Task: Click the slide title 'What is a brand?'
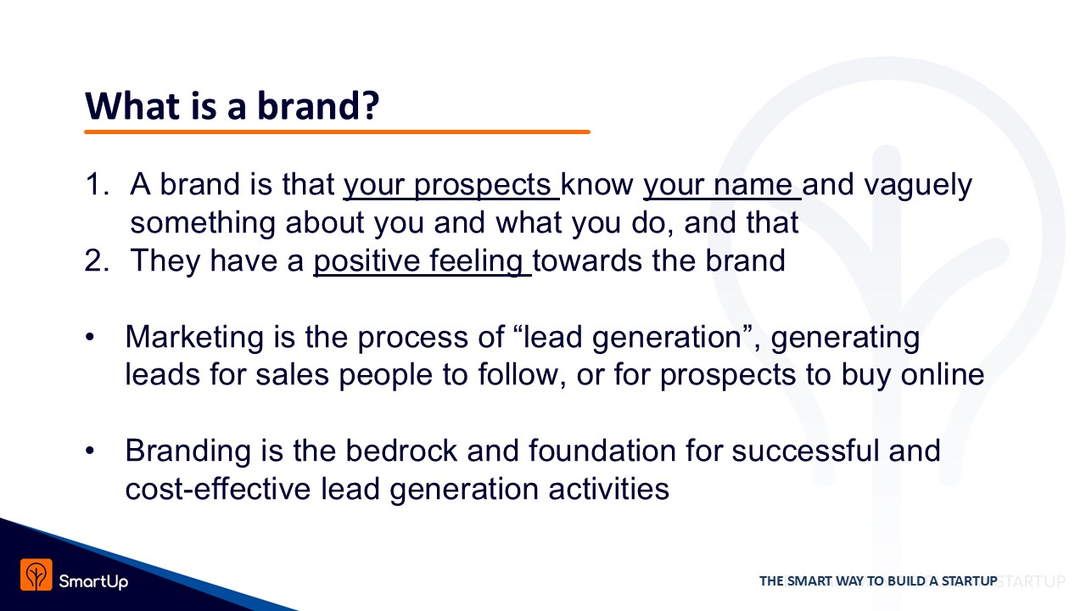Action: click(232, 106)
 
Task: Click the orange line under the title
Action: click(337, 132)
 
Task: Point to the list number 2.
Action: click(97, 261)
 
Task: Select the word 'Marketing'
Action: click(194, 338)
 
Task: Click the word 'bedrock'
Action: click(401, 451)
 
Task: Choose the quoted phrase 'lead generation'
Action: click(632, 338)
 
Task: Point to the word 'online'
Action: click(943, 374)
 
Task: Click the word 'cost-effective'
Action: click(218, 489)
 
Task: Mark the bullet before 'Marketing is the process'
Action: click(90, 337)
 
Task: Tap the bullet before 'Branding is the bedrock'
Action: click(90, 451)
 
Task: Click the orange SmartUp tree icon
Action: click(36, 575)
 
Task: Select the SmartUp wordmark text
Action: click(93, 581)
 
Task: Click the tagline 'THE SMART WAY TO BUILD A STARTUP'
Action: click(878, 581)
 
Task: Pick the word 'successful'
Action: click(805, 451)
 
